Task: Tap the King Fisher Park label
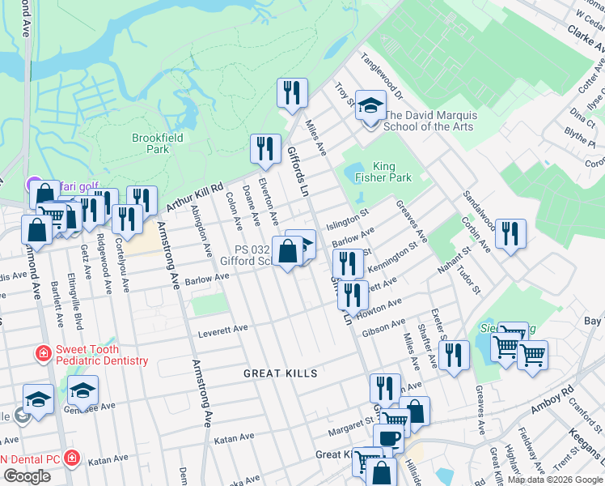[382, 171]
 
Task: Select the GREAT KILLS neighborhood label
[280, 373]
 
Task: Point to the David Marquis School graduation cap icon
[370, 106]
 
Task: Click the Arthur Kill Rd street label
[193, 188]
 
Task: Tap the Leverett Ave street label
[223, 330]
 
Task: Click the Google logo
[27, 475]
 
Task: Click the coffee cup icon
[389, 438]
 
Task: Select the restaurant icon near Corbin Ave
[510, 234]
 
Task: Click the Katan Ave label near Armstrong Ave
[235, 439]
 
